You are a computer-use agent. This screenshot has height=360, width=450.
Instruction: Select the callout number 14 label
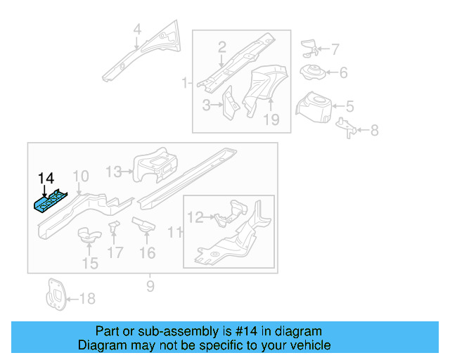click(x=46, y=177)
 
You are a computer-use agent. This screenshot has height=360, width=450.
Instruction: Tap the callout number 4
click(x=137, y=30)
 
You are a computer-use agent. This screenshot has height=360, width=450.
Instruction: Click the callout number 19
click(x=271, y=120)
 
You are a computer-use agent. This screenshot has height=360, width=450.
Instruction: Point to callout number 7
click(x=335, y=50)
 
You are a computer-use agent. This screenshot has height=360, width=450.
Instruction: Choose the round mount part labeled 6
click(x=311, y=72)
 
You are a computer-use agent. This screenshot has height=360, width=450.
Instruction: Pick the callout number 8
click(x=373, y=130)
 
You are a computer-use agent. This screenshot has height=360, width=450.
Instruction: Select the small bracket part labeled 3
click(x=229, y=103)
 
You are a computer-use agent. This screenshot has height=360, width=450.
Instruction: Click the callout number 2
click(x=222, y=48)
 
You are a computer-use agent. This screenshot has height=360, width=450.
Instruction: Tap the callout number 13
click(x=114, y=171)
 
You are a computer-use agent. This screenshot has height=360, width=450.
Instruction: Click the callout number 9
click(x=150, y=285)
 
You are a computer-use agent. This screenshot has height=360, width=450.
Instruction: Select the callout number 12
click(x=195, y=218)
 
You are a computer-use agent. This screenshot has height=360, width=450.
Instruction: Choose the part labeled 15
click(x=88, y=234)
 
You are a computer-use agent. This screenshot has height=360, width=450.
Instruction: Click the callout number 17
click(x=115, y=252)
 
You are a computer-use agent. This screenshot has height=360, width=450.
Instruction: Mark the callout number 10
click(x=81, y=176)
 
